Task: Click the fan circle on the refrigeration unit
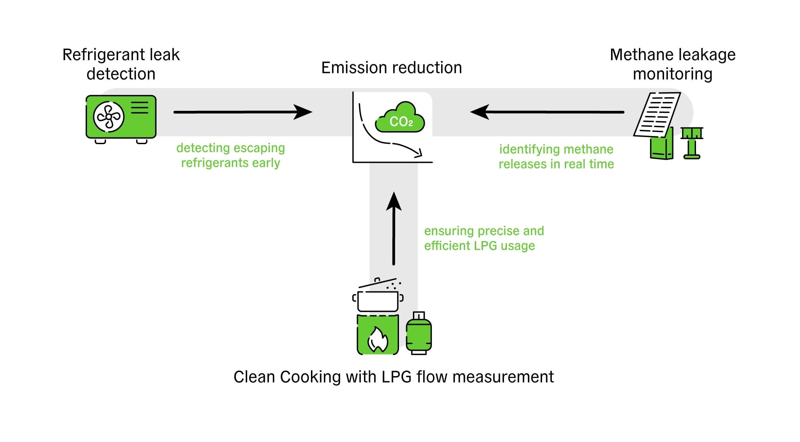(109, 117)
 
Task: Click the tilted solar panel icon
(657, 115)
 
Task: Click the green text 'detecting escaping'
(230, 148)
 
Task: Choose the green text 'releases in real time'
(556, 164)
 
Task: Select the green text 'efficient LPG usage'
(479, 245)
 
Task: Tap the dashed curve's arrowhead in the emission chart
(418, 153)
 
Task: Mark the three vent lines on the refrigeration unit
(140, 107)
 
